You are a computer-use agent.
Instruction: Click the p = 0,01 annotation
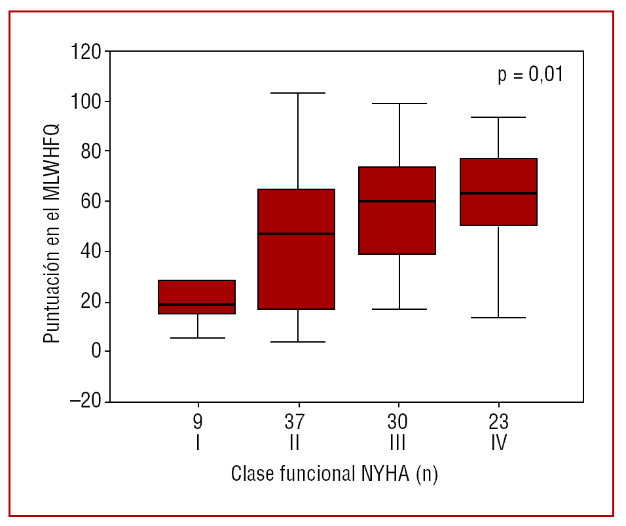point(530,75)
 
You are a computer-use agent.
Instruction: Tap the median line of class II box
point(297,234)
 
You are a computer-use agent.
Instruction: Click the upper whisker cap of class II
point(298,93)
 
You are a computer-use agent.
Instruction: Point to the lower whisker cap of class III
point(399,309)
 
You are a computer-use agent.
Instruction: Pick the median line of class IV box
point(498,193)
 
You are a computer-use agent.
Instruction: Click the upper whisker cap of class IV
point(498,117)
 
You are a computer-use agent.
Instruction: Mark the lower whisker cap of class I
point(197,338)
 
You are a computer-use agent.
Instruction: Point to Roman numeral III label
point(397,444)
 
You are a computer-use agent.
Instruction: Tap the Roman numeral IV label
point(499,444)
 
